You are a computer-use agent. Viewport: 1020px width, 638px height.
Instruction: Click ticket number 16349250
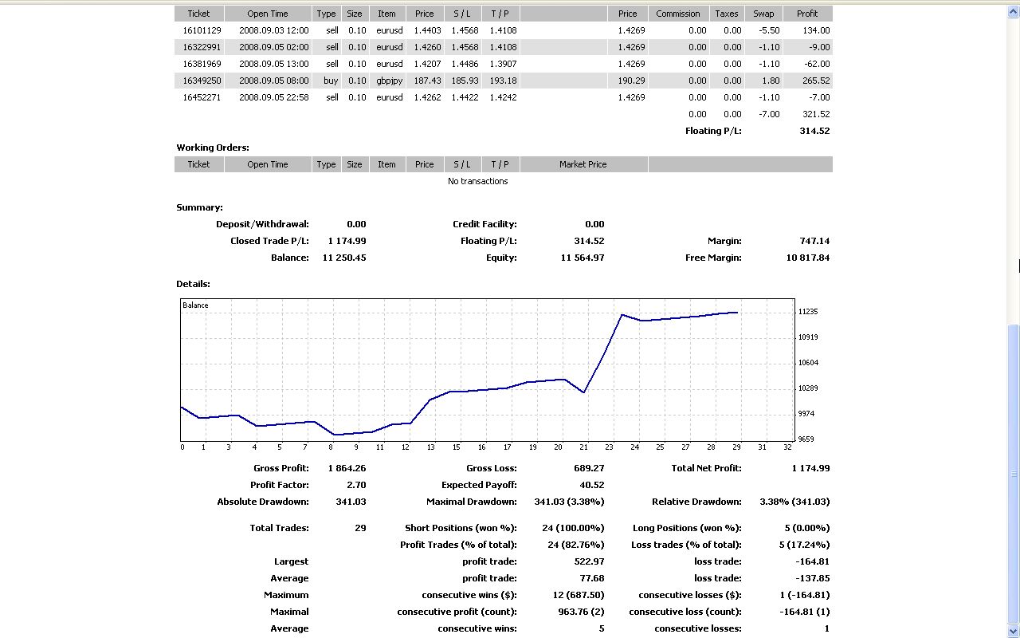[202, 81]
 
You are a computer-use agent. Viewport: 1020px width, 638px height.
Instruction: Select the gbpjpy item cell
[388, 81]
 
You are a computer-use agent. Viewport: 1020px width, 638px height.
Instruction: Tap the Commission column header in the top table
[678, 14]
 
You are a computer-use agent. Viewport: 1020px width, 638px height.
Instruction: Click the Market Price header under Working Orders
[583, 164]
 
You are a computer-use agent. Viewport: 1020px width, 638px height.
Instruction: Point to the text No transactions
[477, 181]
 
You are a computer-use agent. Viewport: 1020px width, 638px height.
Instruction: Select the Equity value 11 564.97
[582, 258]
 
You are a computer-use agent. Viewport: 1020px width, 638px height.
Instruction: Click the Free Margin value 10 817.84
[807, 258]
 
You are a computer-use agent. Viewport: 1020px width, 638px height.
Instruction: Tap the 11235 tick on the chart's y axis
[808, 312]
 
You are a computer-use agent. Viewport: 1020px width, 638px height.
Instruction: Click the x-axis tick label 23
[610, 447]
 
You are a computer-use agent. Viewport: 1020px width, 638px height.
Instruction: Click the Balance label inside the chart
[195, 305]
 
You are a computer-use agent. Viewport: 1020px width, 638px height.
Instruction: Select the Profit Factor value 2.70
[356, 485]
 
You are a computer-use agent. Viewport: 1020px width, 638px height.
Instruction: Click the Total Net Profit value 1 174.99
[810, 468]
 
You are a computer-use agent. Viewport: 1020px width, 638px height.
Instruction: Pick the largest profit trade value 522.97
[589, 561]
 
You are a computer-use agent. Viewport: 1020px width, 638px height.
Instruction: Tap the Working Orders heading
[213, 148]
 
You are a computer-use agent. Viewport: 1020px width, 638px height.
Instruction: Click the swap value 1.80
[769, 81]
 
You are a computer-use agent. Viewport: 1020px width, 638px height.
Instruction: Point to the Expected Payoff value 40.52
[591, 485]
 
